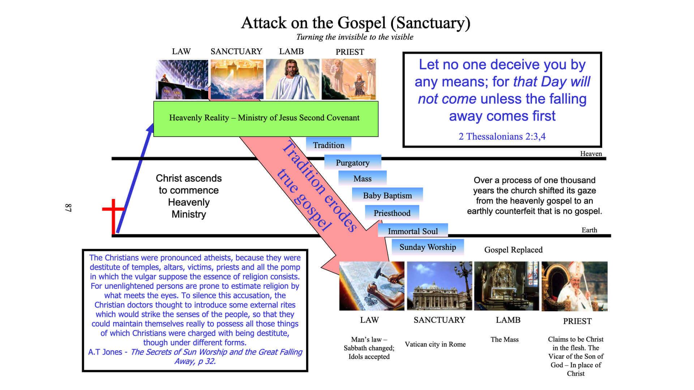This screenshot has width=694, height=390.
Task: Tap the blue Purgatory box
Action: point(352,162)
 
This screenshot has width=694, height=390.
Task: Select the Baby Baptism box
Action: point(387,195)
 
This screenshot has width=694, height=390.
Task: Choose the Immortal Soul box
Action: point(412,231)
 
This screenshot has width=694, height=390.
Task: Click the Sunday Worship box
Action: point(428,247)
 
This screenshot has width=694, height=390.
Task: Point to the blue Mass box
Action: point(362,178)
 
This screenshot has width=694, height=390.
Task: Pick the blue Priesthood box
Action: point(392,213)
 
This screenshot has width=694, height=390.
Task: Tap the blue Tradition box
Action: point(328,145)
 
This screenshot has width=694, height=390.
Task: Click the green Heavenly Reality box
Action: point(266,118)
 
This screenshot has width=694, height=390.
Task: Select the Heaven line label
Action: point(591,153)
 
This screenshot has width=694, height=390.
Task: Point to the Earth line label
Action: point(589,230)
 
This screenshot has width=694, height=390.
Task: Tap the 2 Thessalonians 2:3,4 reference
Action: point(502,136)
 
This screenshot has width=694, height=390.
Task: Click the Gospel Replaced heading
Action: point(513,250)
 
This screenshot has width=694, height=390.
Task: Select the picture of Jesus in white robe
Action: point(292,79)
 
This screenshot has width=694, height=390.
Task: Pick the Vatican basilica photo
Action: point(439,286)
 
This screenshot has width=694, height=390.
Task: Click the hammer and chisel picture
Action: point(372,286)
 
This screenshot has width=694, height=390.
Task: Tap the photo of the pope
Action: point(574,286)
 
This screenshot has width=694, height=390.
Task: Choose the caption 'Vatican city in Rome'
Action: point(435,344)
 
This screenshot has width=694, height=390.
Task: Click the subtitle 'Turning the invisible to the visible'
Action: point(355,37)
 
